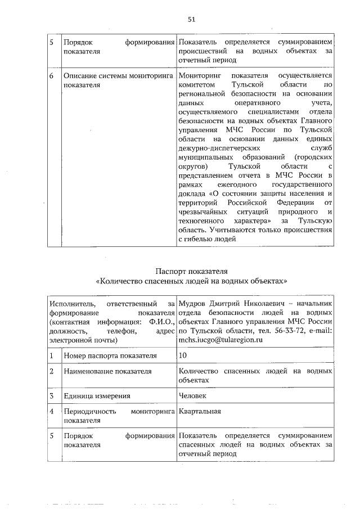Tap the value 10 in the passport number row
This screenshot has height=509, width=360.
(x=182, y=355)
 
